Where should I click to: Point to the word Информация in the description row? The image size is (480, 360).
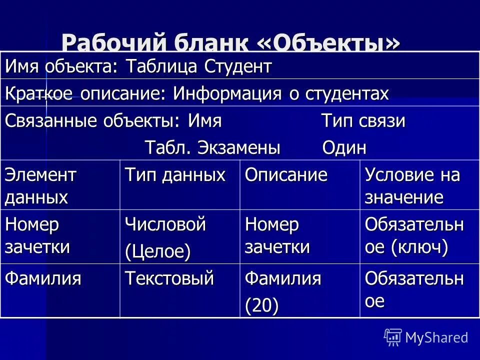(x=225, y=93)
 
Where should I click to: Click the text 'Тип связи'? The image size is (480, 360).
(x=362, y=121)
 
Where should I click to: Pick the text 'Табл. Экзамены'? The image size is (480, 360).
(x=212, y=147)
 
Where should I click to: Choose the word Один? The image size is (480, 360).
(x=344, y=147)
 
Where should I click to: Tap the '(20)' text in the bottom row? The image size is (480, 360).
(x=261, y=305)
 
